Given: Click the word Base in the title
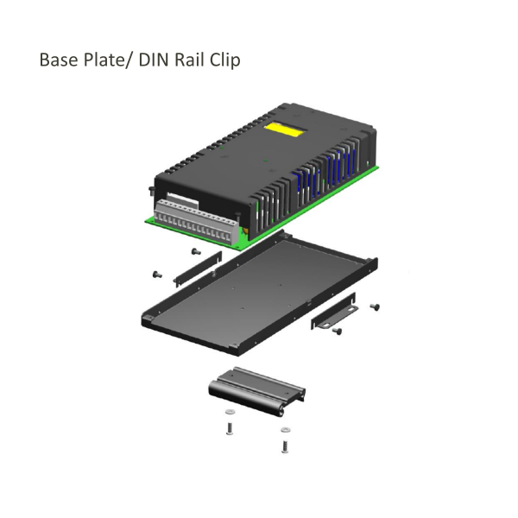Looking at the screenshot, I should [60, 61].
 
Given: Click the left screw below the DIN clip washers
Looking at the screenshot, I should [229, 428].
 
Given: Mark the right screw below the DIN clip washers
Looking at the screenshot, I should [285, 445].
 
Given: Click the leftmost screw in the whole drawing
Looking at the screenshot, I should [156, 274].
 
